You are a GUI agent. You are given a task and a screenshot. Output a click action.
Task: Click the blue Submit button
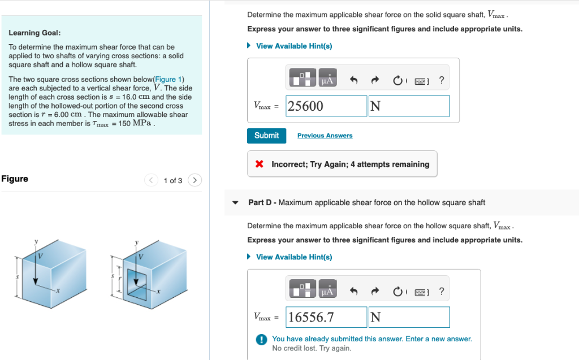coord(266,136)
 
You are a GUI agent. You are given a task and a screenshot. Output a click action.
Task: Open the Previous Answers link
coord(325,136)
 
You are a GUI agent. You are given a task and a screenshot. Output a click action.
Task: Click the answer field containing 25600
coord(326,106)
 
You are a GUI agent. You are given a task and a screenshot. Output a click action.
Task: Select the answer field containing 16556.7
coord(326,317)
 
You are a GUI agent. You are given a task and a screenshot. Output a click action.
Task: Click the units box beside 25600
coord(409,106)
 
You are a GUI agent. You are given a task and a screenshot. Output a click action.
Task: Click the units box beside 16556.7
coord(409,317)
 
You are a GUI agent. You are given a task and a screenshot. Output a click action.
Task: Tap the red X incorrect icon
coord(260,164)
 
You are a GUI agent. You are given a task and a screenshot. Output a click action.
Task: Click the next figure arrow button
coord(194,180)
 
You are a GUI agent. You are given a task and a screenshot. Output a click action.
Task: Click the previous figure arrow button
coord(151,180)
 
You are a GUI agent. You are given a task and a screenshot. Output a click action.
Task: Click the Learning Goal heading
coord(34,33)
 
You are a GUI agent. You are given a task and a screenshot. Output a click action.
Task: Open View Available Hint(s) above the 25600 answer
coord(293,46)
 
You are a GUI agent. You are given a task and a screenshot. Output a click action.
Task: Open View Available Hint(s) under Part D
coord(293,257)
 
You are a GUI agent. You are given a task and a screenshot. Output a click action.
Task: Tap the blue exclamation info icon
coord(261,340)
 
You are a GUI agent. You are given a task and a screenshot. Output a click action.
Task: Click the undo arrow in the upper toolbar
coord(354,81)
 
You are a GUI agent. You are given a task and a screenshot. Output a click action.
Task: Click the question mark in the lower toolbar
coord(441,292)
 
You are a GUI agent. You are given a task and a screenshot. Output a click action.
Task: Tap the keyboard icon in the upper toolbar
coord(421,81)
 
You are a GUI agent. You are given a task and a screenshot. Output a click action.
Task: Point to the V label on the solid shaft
coord(40,256)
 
